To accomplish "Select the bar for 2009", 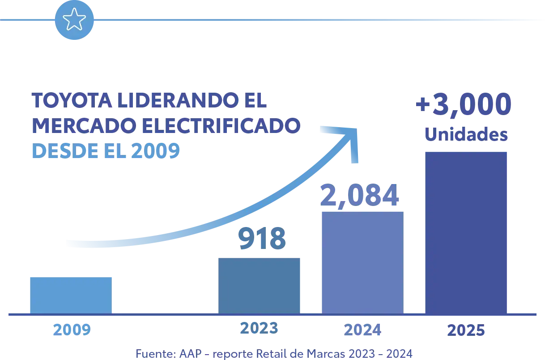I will pyautogui.click(x=70, y=294).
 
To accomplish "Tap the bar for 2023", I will pyautogui.click(x=259, y=285).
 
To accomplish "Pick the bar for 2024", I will pyautogui.click(x=362, y=262).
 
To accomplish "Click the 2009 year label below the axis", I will pyautogui.click(x=72, y=330).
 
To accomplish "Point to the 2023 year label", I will pyautogui.click(x=259, y=328).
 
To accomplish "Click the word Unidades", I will pyautogui.click(x=465, y=135).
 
